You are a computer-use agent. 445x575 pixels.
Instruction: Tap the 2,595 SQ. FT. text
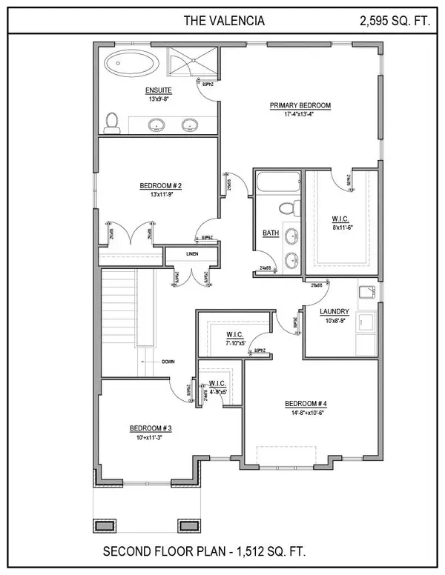point(394,21)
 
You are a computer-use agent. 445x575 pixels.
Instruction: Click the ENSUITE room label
point(159,90)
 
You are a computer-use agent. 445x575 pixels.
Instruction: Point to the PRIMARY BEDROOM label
point(300,106)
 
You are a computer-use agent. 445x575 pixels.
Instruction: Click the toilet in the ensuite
point(112,122)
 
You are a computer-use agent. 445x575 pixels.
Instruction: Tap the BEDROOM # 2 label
point(156,186)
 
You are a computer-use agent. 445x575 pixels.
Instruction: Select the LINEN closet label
point(192,254)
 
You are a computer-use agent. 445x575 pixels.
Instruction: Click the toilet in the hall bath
point(291,206)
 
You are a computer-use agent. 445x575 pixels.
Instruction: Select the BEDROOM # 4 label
point(306,404)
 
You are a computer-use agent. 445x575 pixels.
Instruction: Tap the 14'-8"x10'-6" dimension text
point(306,413)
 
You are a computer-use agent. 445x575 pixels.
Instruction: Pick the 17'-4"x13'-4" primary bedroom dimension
point(300,115)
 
